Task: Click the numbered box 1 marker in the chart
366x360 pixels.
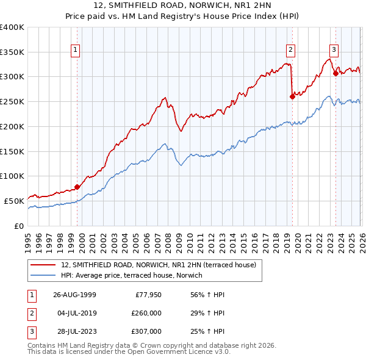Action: click(75, 51)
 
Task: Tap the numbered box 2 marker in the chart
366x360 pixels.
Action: click(290, 51)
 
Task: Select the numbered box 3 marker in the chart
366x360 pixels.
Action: click(334, 51)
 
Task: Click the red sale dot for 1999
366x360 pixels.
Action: click(77, 187)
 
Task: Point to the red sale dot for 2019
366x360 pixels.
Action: click(292, 96)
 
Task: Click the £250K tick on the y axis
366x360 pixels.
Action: click(12, 102)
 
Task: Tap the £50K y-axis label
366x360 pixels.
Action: click(14, 201)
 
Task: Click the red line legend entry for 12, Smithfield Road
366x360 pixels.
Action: click(162, 265)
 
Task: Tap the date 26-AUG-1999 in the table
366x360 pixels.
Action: click(74, 295)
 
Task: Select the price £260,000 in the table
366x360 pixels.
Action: click(146, 313)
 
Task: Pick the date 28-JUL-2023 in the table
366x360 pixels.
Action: click(74, 331)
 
